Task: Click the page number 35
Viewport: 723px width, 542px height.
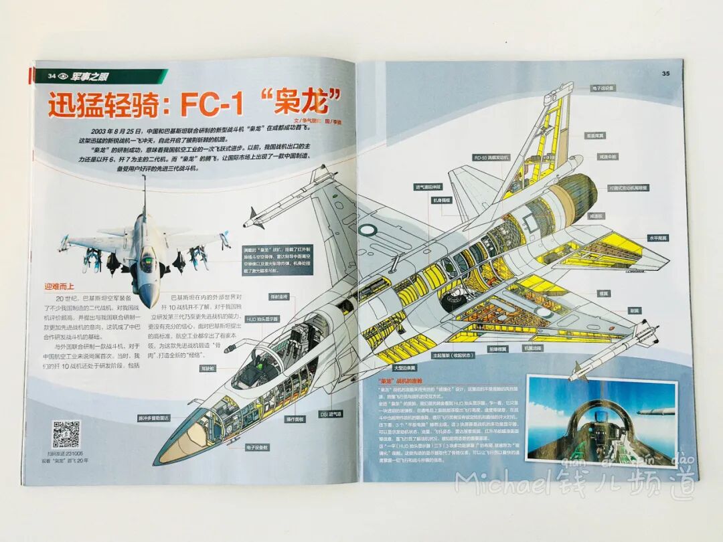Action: pos(665,74)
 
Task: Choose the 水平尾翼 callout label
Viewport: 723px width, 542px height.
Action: pos(657,238)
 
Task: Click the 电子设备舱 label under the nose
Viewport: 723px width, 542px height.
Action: pos(257,447)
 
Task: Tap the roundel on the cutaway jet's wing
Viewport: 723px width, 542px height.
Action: pos(367,230)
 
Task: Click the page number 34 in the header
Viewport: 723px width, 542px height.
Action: pos(50,76)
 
